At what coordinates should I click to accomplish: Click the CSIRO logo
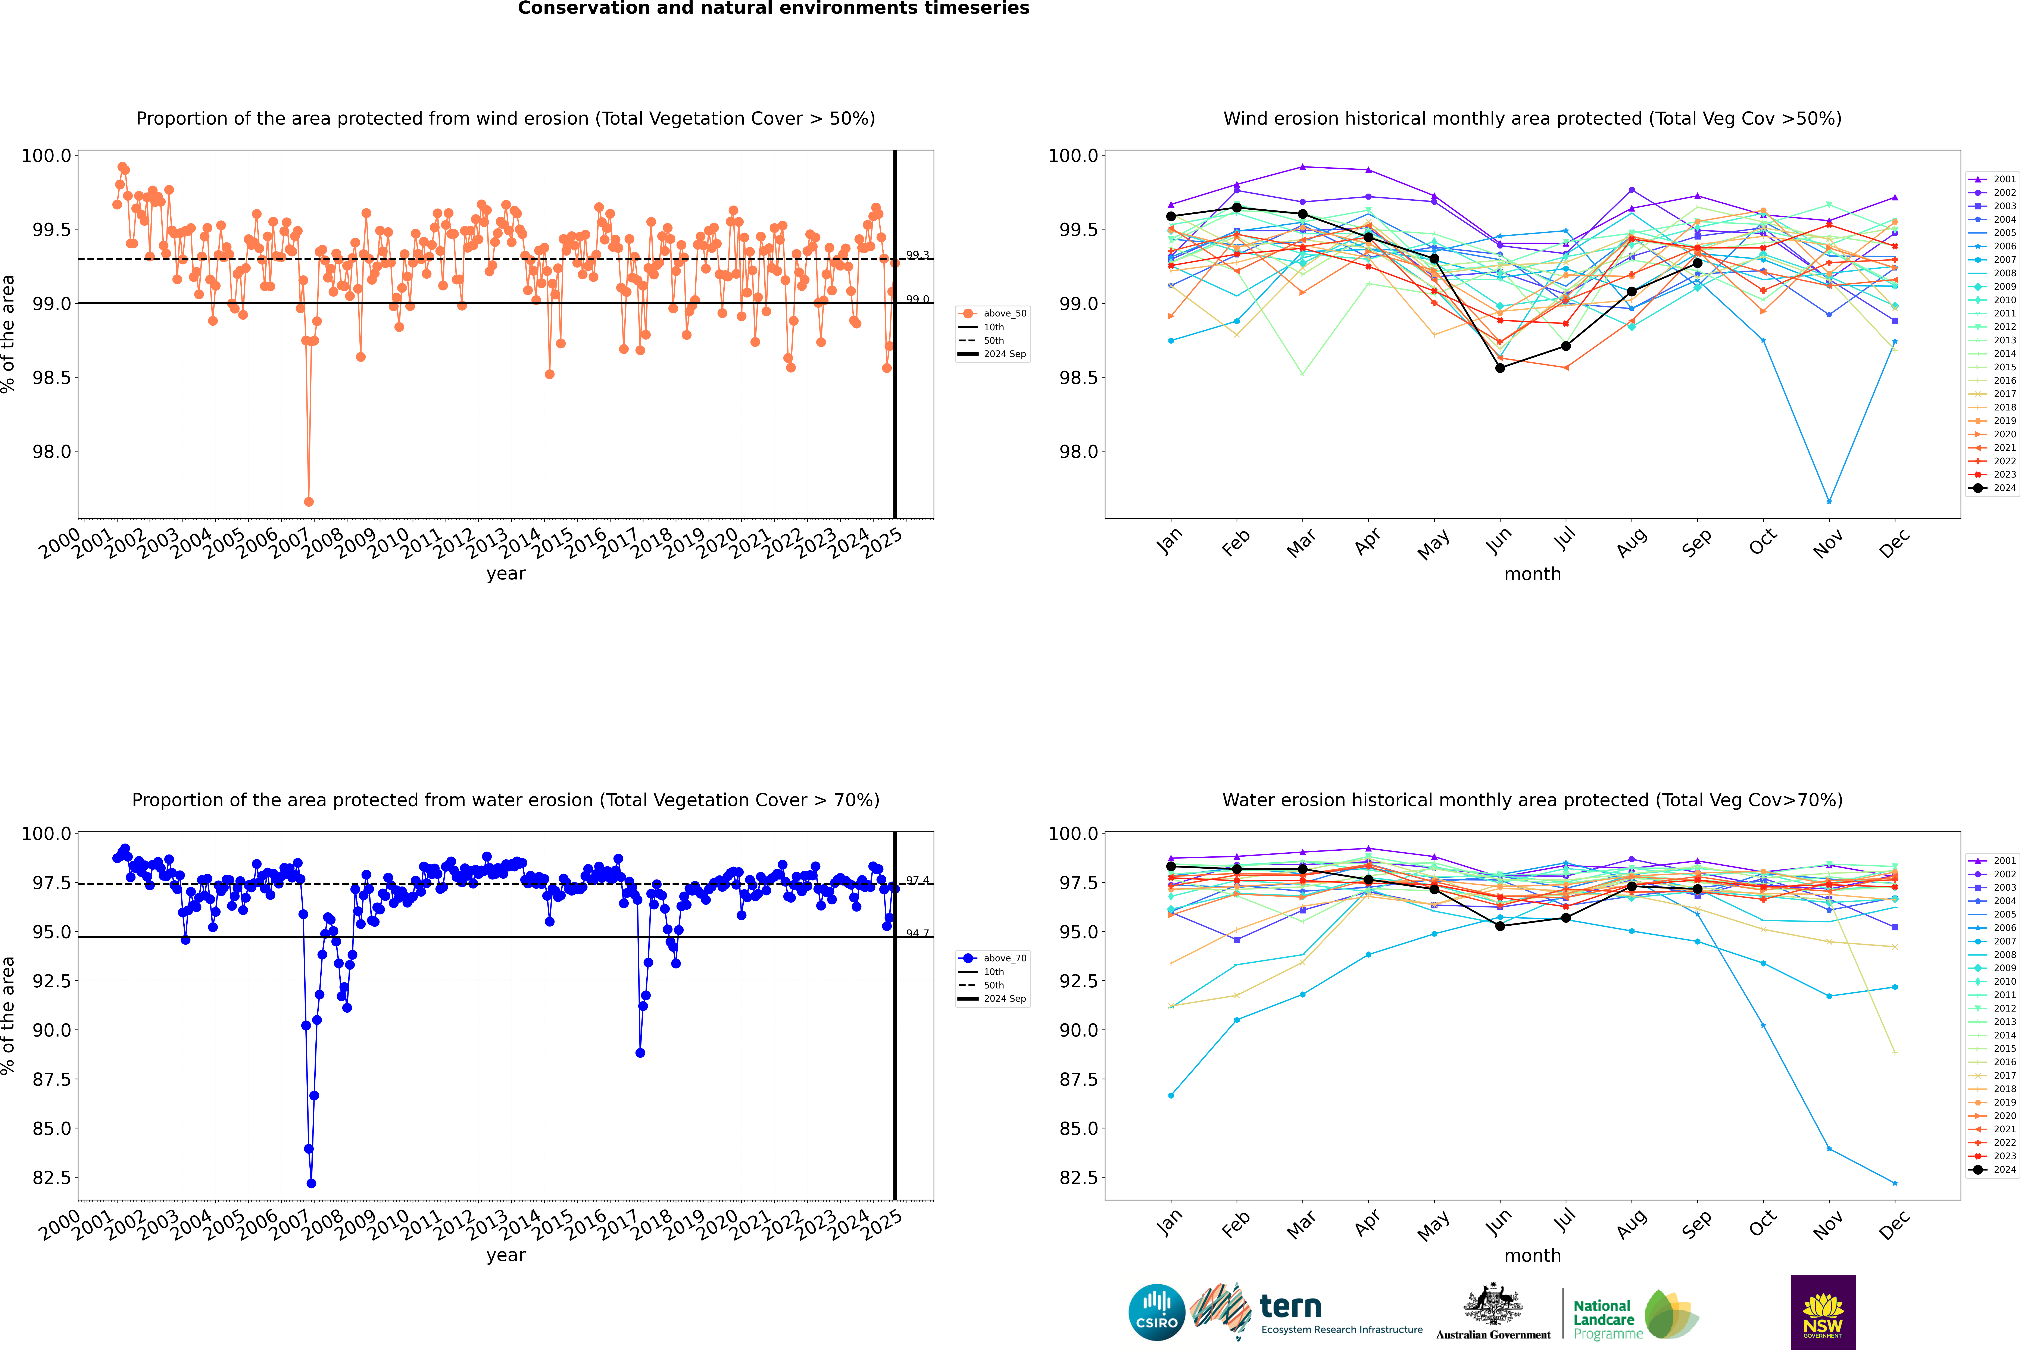click(x=1156, y=1312)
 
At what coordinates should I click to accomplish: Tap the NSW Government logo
click(x=1823, y=1312)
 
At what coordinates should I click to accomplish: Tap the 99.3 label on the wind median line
click(x=917, y=255)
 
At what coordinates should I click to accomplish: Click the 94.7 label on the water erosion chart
click(x=917, y=933)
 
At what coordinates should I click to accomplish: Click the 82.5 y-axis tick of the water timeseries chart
click(x=52, y=1178)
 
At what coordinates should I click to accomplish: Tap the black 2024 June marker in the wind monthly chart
click(x=1500, y=368)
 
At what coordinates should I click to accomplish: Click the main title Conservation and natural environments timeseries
click(x=773, y=9)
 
